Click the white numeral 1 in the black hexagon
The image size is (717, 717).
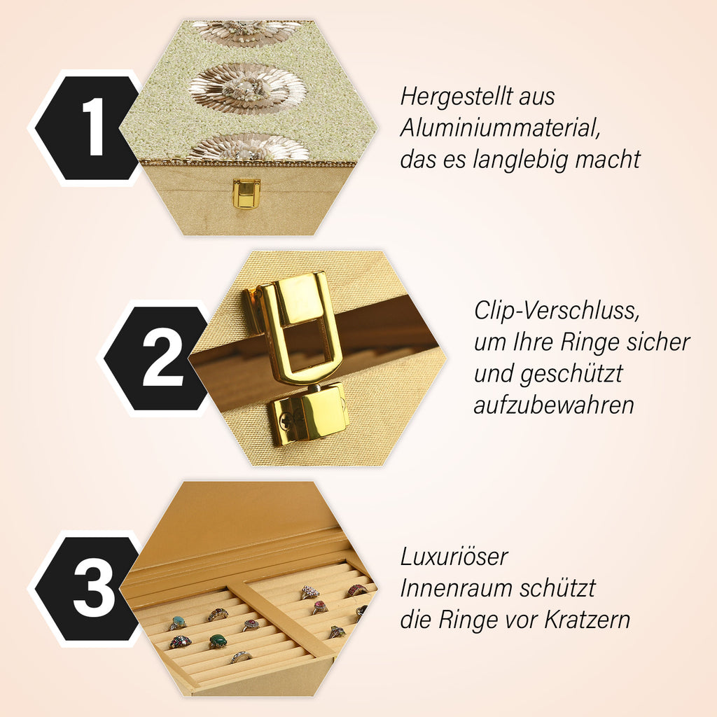pos(94,127)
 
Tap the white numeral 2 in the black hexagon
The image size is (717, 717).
pos(162,356)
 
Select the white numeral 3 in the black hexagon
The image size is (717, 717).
pos(95,587)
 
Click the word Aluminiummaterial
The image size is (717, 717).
pos(500,128)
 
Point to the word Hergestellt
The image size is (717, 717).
pos(457,97)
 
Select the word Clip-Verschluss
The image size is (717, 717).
pos(557,311)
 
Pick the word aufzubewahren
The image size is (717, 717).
pos(554,405)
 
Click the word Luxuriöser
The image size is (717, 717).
pos(454,557)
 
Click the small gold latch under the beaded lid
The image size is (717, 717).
pos(246,193)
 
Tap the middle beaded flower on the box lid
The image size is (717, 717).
pos(247,88)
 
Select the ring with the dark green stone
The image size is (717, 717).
pos(218,641)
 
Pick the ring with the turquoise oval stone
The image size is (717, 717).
pos(177,622)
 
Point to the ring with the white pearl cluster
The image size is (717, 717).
pos(309,592)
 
